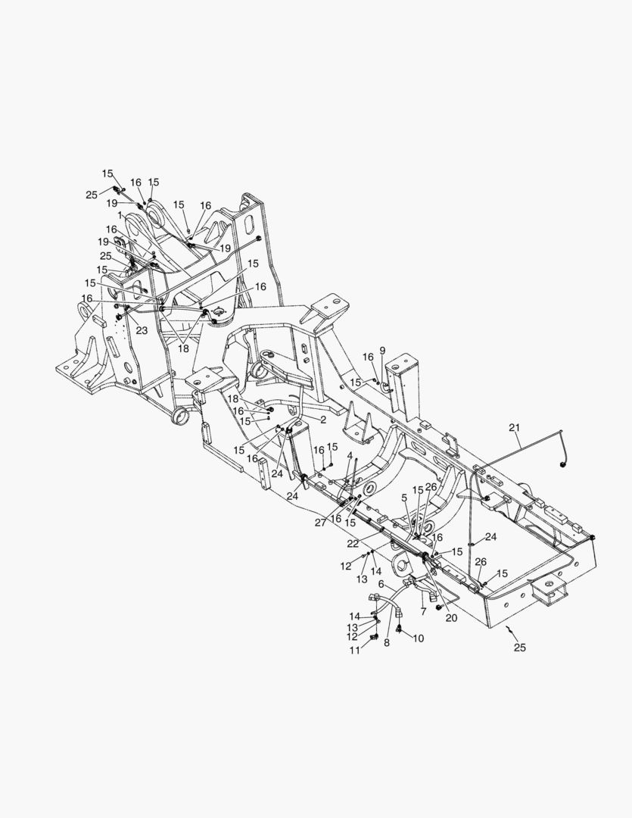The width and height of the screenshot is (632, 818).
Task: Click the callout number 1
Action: click(120, 214)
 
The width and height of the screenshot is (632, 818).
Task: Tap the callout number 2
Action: click(323, 420)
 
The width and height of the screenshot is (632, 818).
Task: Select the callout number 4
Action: click(350, 456)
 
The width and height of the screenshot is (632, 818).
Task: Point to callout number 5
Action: click(404, 498)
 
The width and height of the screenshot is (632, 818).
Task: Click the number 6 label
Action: click(381, 584)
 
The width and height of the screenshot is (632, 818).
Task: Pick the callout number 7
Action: click(423, 611)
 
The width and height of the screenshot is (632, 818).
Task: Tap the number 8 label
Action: click(387, 643)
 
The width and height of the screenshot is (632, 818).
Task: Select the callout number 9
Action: click(382, 350)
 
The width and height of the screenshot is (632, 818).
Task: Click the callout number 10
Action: click(419, 638)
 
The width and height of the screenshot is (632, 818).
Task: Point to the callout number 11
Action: click(354, 651)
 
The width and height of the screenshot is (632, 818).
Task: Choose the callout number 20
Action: click(452, 618)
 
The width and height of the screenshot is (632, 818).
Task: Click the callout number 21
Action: click(515, 428)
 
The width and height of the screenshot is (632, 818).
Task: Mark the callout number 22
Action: click(353, 543)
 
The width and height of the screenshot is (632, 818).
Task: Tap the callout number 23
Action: click(142, 330)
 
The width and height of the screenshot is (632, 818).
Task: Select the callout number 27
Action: click(320, 523)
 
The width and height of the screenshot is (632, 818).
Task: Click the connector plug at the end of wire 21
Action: click(563, 464)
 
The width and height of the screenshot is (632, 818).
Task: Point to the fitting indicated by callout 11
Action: click(373, 637)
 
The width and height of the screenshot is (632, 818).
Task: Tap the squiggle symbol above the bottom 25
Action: click(511, 630)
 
